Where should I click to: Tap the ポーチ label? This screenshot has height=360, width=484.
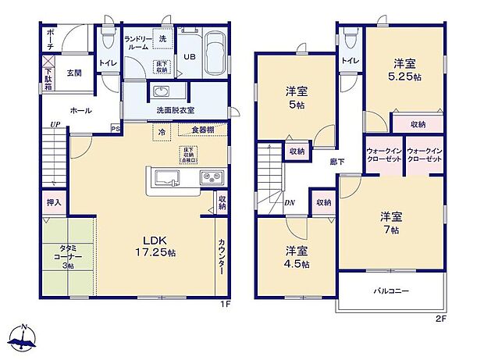pos(50,37)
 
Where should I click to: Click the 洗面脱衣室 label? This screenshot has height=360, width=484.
pos(175,110)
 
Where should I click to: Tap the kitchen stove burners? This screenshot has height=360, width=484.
pos(211,177)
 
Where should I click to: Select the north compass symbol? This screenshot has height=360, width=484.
pos(24,337)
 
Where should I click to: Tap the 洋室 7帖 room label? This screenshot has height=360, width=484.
pos(390,222)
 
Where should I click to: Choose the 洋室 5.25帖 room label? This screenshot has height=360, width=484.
pos(406,70)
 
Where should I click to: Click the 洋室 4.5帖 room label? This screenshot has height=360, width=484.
pos(296,257)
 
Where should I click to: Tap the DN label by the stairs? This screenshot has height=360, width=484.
pos(290,203)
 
